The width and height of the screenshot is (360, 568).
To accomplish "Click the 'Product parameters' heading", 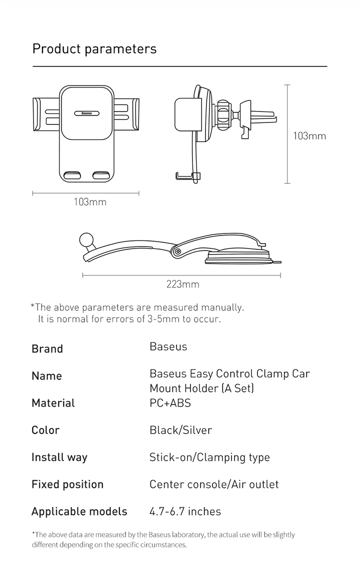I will click(94, 49).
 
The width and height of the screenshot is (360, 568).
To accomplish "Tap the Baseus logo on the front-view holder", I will click(86, 113).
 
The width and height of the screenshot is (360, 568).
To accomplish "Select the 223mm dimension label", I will click(182, 284).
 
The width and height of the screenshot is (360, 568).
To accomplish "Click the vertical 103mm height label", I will click(309, 135).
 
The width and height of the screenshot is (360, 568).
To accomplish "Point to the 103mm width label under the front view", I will click(90, 202).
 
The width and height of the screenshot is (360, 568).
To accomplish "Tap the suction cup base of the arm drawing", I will click(241, 258).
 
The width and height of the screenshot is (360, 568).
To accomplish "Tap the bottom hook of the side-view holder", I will click(187, 175).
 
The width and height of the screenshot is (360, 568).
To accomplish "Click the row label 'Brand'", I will click(47, 349).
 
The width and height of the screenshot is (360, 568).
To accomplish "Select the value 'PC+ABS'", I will click(170, 402).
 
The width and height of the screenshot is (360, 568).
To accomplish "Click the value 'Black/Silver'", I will click(180, 430).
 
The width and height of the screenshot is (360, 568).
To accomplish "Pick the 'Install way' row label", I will click(59, 457).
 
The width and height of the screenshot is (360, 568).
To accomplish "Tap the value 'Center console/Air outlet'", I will click(214, 484).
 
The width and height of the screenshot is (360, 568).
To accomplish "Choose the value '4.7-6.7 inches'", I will click(185, 511).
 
